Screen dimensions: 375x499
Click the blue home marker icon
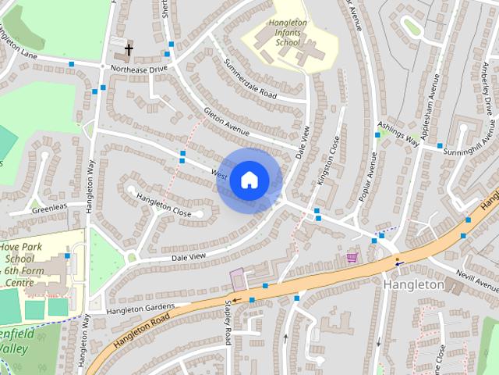249,180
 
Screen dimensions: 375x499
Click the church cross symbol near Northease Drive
129,51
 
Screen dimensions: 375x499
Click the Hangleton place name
413,285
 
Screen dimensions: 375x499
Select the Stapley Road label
228,322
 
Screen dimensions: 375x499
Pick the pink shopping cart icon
352,257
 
